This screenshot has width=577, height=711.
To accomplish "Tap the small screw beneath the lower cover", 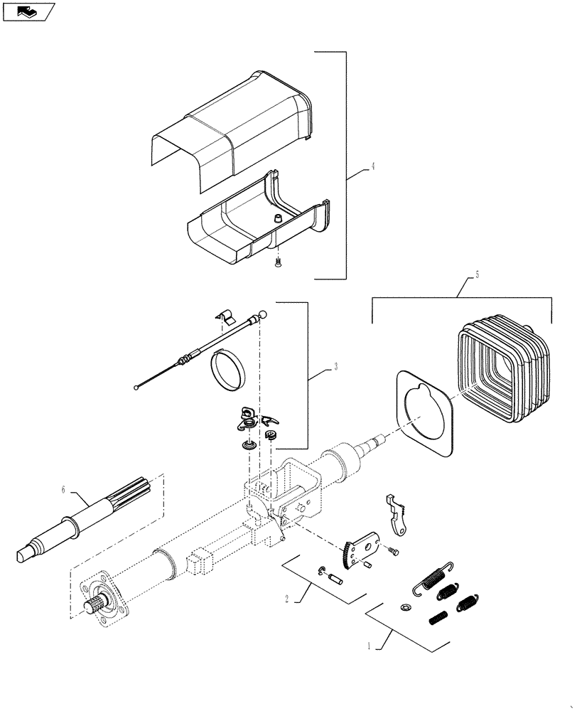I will pyautogui.click(x=277, y=264).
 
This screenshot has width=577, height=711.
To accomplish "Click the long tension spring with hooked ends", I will pyautogui.click(x=433, y=577).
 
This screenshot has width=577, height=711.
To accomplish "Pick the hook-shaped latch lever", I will pyautogui.click(x=397, y=513).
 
